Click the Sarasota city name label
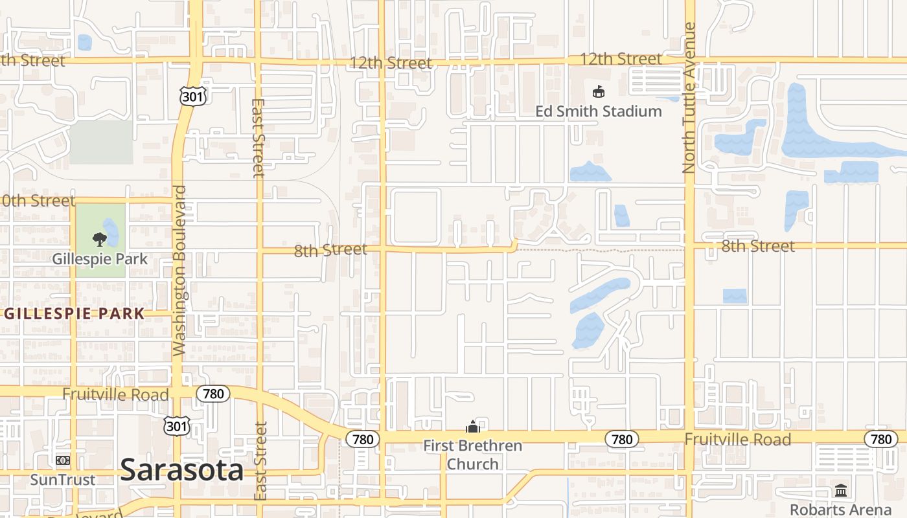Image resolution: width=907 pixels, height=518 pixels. [x=182, y=469]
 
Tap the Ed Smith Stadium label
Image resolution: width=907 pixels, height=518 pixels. [x=598, y=111]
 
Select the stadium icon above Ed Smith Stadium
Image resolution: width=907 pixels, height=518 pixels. [x=598, y=92]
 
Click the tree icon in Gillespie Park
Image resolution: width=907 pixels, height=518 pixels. [x=99, y=240]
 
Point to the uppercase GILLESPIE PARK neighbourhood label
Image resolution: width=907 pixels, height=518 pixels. [x=75, y=314]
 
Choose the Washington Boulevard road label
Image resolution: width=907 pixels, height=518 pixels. [x=179, y=271]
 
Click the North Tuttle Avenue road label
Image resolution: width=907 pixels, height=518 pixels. [x=689, y=98]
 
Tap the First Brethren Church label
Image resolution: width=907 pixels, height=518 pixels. [x=473, y=455]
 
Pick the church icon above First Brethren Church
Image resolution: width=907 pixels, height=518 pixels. [x=473, y=427]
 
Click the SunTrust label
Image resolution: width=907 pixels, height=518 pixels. [x=63, y=480]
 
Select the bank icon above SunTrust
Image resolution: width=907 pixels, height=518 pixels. [x=63, y=460]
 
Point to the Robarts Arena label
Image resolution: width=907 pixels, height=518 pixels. [x=840, y=509]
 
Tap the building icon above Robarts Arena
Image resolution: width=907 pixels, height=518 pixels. [x=840, y=490]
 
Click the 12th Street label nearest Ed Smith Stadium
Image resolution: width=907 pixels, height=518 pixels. [x=621, y=59]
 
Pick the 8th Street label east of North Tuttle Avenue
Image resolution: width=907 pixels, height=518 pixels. [x=757, y=246]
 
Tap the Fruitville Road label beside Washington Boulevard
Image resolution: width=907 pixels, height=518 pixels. [x=115, y=394]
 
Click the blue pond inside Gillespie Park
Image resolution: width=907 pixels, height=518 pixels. [x=111, y=232]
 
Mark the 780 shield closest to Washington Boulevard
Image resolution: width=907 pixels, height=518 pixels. [x=213, y=393]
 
